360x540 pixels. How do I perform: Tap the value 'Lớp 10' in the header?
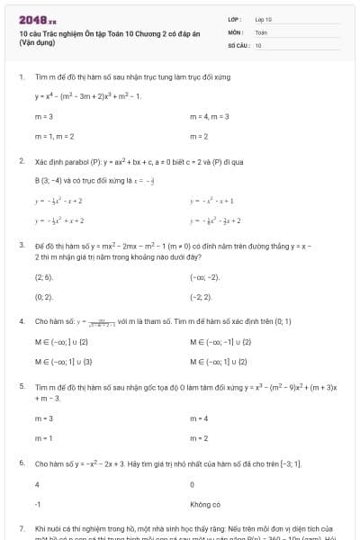click(264, 19)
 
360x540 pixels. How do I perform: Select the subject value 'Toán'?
click(261, 31)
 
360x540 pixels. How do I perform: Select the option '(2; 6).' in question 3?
click(44, 278)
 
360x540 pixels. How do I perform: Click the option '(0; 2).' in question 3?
click(44, 296)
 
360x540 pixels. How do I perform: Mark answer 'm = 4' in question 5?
click(200, 418)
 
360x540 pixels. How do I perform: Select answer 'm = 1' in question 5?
click(44, 437)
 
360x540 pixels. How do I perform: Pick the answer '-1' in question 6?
click(38, 505)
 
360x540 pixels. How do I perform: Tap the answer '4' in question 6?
click(37, 484)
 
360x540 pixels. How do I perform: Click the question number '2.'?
click(22, 161)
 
